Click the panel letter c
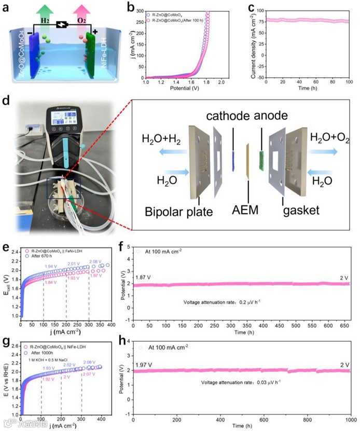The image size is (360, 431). [x=251, y=7]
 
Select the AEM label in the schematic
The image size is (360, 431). [x=248, y=210]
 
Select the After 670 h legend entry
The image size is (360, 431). [x=47, y=256]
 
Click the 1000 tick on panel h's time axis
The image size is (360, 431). [x=350, y=419]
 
